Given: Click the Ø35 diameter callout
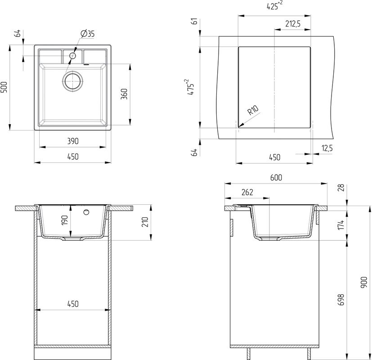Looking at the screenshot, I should tap(87, 34).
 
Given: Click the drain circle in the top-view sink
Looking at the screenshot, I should tap(72, 81).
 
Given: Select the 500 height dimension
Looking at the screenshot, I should tap(4, 87).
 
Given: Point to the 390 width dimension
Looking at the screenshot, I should tap(72, 141).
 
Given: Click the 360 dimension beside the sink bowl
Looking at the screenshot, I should tap(125, 94).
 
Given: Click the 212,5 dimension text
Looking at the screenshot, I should tap(292, 23).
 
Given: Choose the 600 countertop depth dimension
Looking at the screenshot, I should tap(276, 178).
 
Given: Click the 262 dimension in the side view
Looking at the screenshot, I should tap(247, 192).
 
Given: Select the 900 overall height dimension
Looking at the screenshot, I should tap(364, 282).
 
